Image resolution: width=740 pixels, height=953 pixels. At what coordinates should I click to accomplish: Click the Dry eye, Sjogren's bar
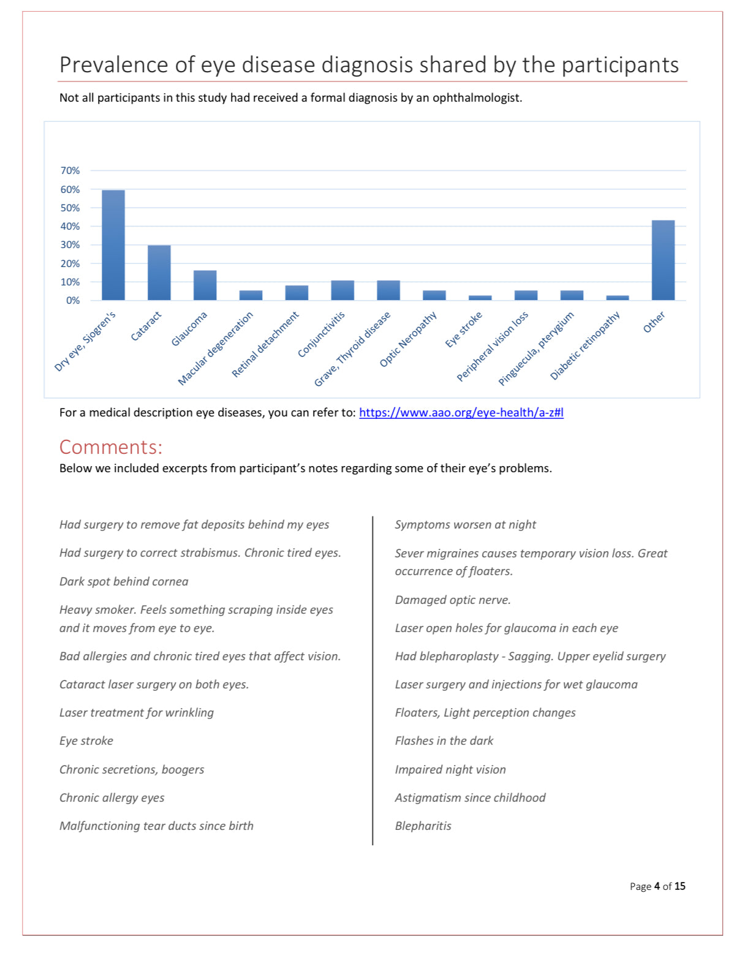pos(113,245)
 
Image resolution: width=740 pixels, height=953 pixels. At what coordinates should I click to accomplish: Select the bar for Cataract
pos(159,273)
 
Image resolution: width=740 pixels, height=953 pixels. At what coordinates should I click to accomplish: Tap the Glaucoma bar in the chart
pos(205,285)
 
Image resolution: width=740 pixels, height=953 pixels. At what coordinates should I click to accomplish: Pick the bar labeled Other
pos(663,260)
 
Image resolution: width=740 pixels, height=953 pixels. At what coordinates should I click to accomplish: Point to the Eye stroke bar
pos(480,298)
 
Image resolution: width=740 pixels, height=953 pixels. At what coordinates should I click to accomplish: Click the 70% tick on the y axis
pos(70,170)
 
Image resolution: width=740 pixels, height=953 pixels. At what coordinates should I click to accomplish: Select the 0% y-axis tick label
pos(73,300)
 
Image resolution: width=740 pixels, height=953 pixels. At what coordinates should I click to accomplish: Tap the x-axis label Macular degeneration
pos(216,348)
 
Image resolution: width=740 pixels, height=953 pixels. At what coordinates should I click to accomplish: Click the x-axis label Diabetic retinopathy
pos(585,345)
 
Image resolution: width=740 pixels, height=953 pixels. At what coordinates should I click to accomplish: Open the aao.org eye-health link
pos(461,412)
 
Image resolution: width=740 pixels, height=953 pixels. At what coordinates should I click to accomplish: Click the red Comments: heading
pos(111,447)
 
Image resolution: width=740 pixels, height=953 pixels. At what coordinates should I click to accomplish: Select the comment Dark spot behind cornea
pos(124,581)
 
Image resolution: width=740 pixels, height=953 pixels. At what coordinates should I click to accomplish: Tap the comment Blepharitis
pos(423,826)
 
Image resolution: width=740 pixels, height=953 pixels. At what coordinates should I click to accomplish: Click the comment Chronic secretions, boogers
pos(132,769)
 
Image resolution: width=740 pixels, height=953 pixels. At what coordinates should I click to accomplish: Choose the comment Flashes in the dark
pos(444,740)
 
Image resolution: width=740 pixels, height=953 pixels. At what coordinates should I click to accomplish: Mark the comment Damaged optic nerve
pos(453,600)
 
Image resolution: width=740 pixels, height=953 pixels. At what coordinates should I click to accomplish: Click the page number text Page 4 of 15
pos(657,886)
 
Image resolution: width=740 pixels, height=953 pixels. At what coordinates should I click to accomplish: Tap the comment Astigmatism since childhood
pos(470,797)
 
